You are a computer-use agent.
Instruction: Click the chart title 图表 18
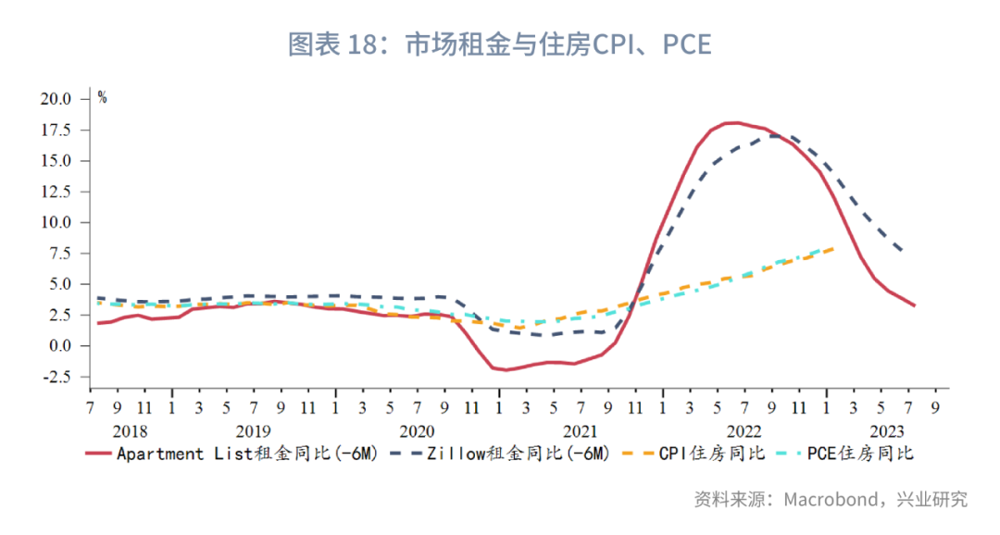pyautogui.click(x=499, y=44)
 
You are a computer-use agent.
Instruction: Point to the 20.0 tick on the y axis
pyautogui.click(x=55, y=99)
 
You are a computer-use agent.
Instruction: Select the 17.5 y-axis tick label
pyautogui.click(x=55, y=131)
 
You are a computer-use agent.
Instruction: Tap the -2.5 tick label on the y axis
pyautogui.click(x=55, y=377)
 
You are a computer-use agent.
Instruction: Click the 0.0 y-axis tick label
pyautogui.click(x=58, y=346)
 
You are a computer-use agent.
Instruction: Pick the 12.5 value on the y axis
pyautogui.click(x=55, y=192)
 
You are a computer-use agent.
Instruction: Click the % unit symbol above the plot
pyautogui.click(x=102, y=97)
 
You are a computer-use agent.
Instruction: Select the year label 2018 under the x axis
pyautogui.click(x=130, y=431)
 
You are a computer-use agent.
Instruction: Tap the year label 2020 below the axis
pyautogui.click(x=417, y=431)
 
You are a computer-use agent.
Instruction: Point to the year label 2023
pyautogui.click(x=887, y=431)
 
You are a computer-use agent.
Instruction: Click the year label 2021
pyautogui.click(x=581, y=431)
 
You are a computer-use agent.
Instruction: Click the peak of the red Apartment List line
pyautogui.click(x=732, y=122)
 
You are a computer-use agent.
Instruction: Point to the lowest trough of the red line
pyautogui.click(x=506, y=370)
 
